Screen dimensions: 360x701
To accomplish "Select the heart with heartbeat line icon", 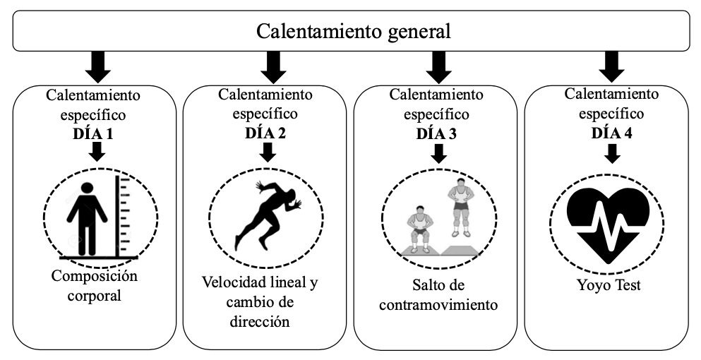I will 611,215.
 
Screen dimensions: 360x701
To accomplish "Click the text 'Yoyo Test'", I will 611,287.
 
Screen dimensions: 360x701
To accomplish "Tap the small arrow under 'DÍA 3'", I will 437,152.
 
